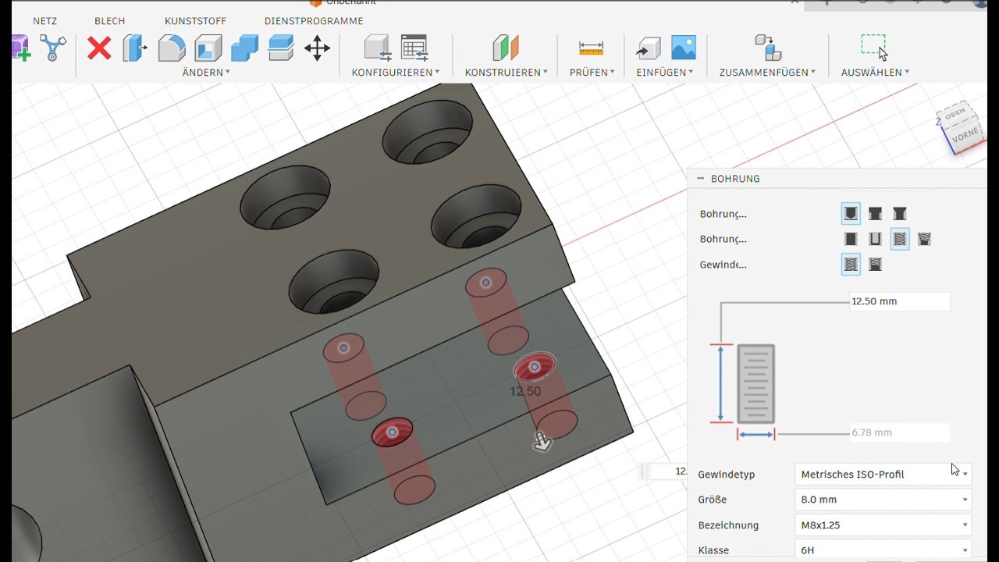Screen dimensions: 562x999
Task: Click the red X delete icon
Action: point(99,48)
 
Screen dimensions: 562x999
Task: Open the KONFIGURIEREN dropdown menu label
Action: point(395,73)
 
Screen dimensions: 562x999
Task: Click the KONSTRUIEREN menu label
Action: point(506,73)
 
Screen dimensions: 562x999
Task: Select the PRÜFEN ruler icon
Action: point(591,48)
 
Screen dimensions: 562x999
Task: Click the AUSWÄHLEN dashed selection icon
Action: point(874,47)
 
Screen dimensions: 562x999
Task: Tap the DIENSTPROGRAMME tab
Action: point(314,21)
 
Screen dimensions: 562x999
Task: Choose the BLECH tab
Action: point(109,21)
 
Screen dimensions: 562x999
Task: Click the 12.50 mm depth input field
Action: point(899,301)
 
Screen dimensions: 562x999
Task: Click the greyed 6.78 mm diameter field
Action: point(899,432)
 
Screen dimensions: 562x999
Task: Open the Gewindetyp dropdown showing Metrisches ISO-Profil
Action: point(883,475)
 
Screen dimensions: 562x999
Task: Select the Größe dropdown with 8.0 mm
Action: point(883,500)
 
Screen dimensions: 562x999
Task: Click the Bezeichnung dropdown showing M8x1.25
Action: point(883,525)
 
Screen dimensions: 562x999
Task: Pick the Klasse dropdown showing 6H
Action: point(883,550)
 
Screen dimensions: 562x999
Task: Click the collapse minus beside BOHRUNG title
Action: point(701,179)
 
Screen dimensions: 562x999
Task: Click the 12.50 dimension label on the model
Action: point(525,391)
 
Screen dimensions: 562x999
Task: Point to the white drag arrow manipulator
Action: point(542,443)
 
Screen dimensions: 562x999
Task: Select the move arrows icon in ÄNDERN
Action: point(317,48)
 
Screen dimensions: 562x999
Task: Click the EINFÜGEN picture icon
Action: point(684,48)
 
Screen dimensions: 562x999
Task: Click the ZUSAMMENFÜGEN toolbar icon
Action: point(767,48)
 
